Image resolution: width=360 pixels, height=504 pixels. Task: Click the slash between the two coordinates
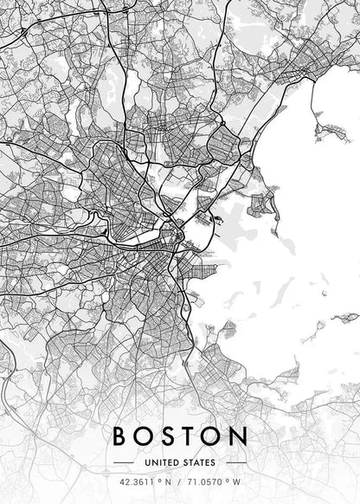point(179,482)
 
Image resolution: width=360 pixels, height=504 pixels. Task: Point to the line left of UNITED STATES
point(124,462)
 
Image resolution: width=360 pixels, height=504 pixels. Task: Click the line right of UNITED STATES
point(235,462)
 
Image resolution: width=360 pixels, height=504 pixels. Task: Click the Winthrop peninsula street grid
point(260,203)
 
